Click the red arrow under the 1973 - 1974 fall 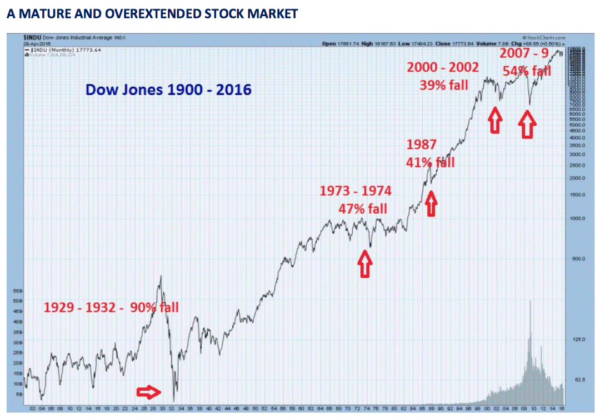pyautogui.click(x=364, y=263)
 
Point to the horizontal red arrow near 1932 pyautogui.click(x=149, y=392)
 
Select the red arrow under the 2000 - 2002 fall pyautogui.click(x=494, y=120)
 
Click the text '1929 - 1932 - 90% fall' pyautogui.click(x=111, y=307)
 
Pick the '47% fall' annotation pyautogui.click(x=363, y=209)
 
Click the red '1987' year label pyautogui.click(x=421, y=145)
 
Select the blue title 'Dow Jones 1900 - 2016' pyautogui.click(x=168, y=88)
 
